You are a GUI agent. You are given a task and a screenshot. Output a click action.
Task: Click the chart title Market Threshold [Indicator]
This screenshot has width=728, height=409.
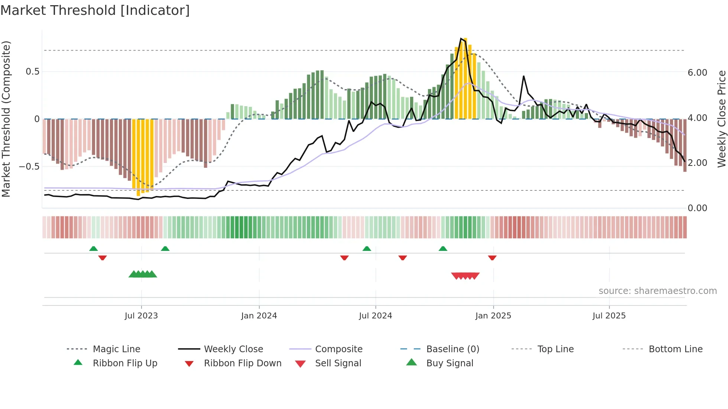[95, 10]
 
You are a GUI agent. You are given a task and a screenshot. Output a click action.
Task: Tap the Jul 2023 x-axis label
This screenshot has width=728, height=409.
[141, 316]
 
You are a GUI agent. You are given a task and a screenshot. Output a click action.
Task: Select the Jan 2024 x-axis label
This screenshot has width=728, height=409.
[259, 316]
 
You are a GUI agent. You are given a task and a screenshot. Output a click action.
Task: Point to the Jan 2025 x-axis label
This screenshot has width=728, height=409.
[493, 316]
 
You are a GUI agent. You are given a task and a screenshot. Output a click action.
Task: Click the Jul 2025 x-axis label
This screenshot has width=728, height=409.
[609, 316]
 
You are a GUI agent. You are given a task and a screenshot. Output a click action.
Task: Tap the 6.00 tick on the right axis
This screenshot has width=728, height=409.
[697, 73]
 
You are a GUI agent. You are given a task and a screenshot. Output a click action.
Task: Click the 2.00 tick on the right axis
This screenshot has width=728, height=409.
[697, 163]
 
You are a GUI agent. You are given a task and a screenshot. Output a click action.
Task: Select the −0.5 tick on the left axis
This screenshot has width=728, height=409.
[29, 167]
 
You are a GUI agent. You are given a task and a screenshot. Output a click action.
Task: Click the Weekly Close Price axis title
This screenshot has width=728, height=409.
[721, 119]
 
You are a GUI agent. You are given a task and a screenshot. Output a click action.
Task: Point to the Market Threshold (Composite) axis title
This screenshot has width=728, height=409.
[6, 119]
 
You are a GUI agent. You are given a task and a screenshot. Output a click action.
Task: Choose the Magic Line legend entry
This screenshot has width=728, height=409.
[116, 349]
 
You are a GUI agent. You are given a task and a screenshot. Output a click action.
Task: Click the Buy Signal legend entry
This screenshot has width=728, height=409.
[449, 363]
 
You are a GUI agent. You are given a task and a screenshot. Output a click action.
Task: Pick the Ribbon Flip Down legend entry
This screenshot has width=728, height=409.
[242, 363]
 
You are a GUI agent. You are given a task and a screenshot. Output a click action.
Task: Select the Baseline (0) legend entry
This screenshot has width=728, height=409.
[452, 349]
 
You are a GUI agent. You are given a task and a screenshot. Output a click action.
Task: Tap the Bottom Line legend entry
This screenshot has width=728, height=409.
[675, 349]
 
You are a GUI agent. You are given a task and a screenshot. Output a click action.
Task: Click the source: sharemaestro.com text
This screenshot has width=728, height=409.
[657, 291]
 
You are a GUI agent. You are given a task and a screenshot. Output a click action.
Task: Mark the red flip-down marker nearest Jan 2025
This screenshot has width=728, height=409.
[492, 258]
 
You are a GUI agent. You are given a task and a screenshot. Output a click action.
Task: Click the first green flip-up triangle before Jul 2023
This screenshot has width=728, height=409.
[94, 249]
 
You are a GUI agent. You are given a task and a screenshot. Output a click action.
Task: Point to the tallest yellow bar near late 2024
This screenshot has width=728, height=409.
[465, 78]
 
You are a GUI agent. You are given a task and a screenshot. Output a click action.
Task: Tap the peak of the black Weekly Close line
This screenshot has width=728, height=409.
[461, 39]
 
